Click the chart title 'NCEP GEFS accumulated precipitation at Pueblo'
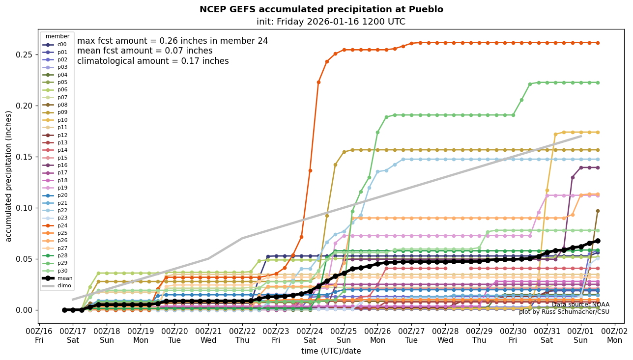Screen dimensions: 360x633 point(321,10)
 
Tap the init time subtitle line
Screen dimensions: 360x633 point(331,22)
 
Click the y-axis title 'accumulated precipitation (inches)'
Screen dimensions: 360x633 point(9,176)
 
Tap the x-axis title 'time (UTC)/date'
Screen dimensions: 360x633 point(331,351)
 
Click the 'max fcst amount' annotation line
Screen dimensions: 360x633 point(173,41)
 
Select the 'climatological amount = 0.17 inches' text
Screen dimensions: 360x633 point(153,61)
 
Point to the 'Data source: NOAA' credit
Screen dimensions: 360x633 point(580,305)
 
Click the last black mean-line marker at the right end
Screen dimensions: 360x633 point(598,241)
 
